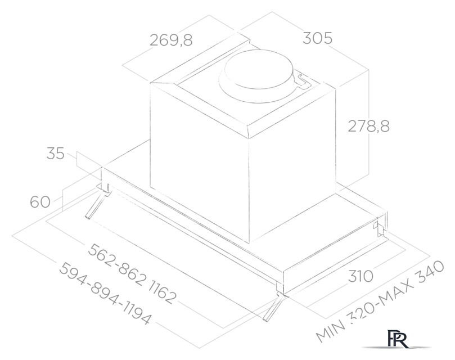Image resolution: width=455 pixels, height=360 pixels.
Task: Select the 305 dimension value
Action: (318, 38)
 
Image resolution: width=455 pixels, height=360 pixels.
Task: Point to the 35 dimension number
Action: (55, 154)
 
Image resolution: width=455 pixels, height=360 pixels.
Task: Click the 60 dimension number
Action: (40, 201)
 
